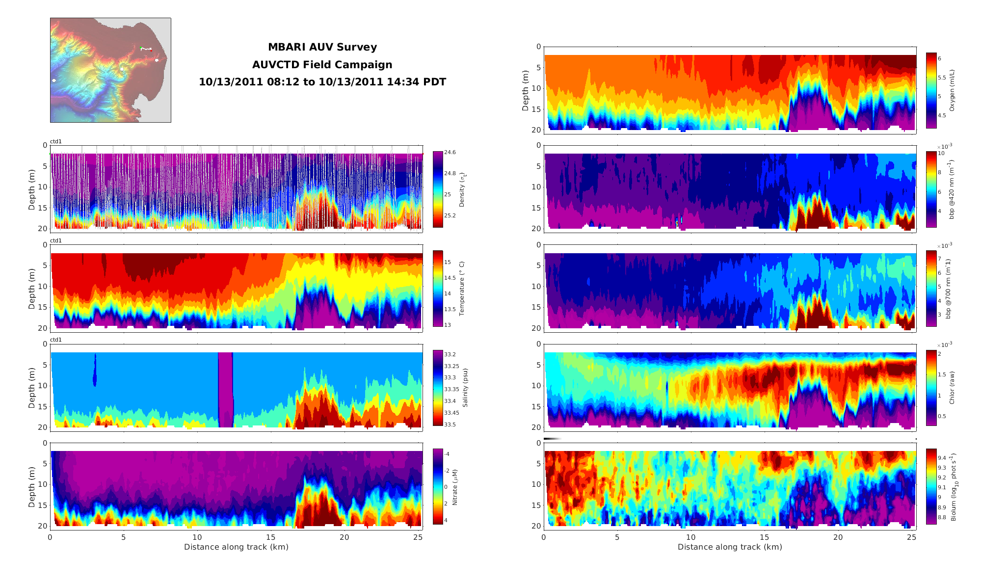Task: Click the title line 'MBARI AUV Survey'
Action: (x=322, y=47)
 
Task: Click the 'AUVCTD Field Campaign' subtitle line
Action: (x=322, y=65)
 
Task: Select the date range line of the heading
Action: (x=322, y=82)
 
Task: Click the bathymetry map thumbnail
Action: (x=110, y=70)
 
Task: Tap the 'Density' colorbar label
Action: (x=461, y=189)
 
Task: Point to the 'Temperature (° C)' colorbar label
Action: (x=461, y=289)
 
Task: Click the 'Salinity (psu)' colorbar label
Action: (x=465, y=388)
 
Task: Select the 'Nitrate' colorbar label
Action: (x=454, y=487)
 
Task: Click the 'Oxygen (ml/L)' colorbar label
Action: (x=952, y=90)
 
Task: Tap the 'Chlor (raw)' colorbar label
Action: (x=952, y=388)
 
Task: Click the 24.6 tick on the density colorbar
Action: (x=450, y=153)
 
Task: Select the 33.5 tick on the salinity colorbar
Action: (x=450, y=424)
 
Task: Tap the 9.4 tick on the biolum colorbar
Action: (x=942, y=458)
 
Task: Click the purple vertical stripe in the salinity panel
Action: (x=225, y=390)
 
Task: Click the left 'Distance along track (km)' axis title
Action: (x=236, y=547)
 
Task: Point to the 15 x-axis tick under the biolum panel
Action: (x=764, y=537)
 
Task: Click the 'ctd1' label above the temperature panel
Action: (x=56, y=240)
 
